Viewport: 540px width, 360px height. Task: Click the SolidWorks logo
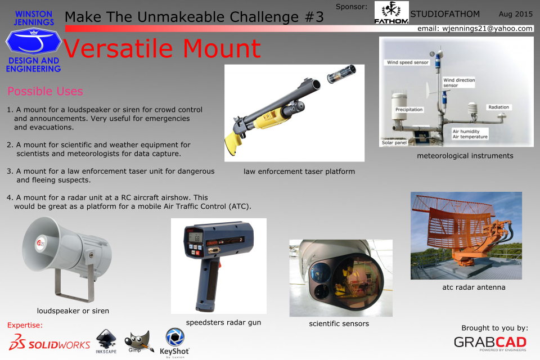[49, 343]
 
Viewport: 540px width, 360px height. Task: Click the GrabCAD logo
[490, 343]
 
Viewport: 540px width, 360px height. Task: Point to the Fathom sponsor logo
[391, 12]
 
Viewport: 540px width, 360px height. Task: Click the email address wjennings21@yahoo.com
[487, 29]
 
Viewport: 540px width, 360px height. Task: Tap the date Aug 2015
[516, 14]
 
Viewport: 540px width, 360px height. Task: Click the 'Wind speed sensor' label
[407, 62]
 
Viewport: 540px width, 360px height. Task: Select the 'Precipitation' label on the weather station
[409, 110]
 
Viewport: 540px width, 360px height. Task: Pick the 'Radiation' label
[498, 107]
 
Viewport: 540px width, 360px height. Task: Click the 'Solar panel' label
[394, 143]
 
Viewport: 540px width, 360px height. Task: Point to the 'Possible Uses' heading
[45, 91]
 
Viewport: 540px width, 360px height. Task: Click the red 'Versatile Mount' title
[162, 48]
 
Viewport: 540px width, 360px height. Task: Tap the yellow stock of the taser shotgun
[233, 143]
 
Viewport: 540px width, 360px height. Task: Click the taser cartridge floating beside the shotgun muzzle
[341, 74]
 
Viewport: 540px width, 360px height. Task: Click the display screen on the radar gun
[195, 237]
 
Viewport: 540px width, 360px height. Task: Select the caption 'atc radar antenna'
[474, 287]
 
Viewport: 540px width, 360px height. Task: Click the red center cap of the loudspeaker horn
[40, 244]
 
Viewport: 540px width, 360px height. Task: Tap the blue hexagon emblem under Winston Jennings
[33, 41]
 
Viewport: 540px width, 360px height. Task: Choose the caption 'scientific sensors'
[339, 323]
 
